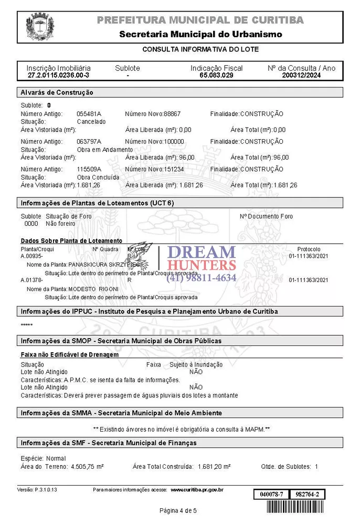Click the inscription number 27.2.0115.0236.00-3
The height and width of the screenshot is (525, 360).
point(58,76)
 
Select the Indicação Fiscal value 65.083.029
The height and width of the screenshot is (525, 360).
point(216,76)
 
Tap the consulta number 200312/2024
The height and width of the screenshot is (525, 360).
point(301,76)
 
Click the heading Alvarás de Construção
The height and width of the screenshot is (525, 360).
point(57,92)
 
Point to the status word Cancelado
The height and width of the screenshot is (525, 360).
point(91,122)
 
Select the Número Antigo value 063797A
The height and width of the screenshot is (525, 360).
point(89,142)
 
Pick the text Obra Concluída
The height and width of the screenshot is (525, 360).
point(98,177)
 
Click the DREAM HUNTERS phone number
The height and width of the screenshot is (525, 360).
point(202,278)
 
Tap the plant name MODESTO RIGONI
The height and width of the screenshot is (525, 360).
point(93,289)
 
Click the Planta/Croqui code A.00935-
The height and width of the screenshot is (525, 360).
point(31,256)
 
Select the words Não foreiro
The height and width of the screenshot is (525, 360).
point(60,224)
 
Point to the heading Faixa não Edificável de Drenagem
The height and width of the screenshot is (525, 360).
point(69,355)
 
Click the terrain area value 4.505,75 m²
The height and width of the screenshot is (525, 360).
point(87,467)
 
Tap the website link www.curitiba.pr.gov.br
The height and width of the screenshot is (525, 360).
point(197,490)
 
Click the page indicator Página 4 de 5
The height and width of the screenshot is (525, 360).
point(178,511)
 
